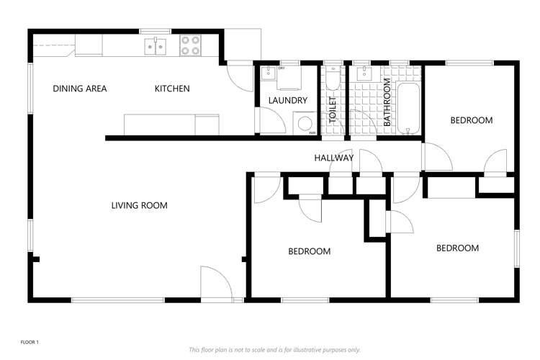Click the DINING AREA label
79,89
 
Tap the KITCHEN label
172,89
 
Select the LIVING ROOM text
140,205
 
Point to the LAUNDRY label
287,100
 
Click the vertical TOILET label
333,110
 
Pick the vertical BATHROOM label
387,102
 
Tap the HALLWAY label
334,158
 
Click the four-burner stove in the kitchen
190,45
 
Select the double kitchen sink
156,47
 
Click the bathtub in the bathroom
408,108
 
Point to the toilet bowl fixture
333,78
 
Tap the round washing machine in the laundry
305,123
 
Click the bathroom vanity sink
364,73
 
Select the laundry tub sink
268,73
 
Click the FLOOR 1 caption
30,342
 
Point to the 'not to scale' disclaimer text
274,350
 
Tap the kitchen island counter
171,125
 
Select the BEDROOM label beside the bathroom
472,120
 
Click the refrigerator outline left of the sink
89,45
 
